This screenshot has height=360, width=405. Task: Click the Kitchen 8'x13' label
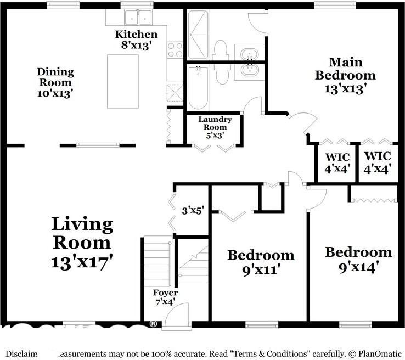pos(136,40)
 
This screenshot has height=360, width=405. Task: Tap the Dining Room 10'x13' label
pos(55,82)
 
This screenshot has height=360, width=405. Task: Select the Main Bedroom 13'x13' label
pos(345,75)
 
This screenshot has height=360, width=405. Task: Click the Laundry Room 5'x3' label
pos(215,127)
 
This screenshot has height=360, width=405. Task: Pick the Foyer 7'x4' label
pos(165,296)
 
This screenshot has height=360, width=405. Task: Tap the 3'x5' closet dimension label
pos(193,209)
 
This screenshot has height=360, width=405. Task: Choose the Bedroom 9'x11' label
pos(261,262)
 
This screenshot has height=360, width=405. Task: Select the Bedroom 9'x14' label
pos(358,259)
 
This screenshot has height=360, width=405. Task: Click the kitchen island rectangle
pos(122,81)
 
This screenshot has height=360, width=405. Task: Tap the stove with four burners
pos(175,50)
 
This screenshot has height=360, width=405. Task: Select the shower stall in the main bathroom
pos(197,35)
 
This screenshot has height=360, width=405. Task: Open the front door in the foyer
pos(176,313)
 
